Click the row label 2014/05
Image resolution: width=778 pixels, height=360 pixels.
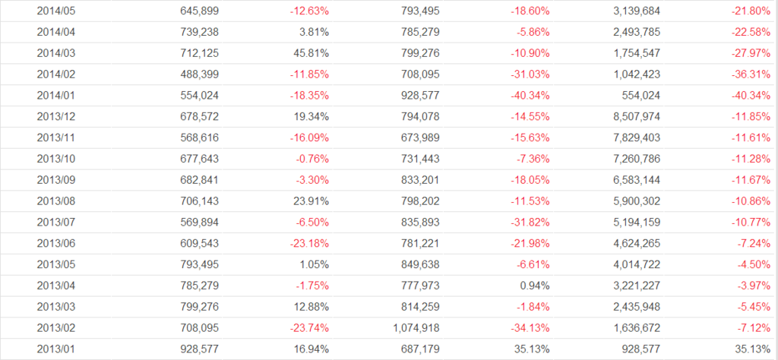[55, 11]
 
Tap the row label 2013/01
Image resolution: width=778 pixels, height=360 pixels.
[55, 349]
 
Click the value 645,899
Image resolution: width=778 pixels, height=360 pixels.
[201, 11]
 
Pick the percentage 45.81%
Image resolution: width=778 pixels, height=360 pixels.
[312, 54]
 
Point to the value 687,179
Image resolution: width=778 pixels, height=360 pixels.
[419, 349]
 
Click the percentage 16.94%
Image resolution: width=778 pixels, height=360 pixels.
[312, 349]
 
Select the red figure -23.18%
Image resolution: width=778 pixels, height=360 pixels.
[309, 242]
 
